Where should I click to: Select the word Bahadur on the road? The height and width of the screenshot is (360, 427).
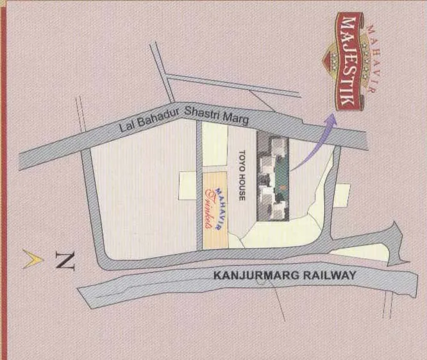158,118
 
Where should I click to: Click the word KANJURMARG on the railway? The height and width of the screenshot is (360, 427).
253,277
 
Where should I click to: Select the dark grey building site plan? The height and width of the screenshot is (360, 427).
273,176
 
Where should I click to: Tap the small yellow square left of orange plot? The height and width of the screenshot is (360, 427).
188,180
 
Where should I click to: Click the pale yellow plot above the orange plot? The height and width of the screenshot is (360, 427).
215,146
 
